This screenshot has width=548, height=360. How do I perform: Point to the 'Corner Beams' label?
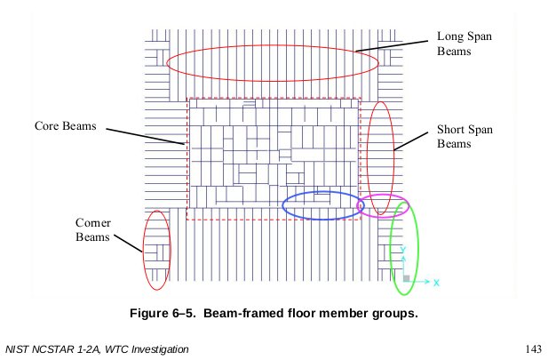[x=92, y=230]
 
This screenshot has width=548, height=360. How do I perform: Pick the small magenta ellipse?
[x=382, y=206]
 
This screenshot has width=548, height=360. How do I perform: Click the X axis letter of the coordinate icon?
[x=437, y=282]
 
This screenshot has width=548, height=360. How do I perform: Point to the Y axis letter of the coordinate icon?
[x=403, y=250]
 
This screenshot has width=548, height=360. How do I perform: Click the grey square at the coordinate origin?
[x=406, y=279]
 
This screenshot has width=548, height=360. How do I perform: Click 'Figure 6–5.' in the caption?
[x=166, y=313]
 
